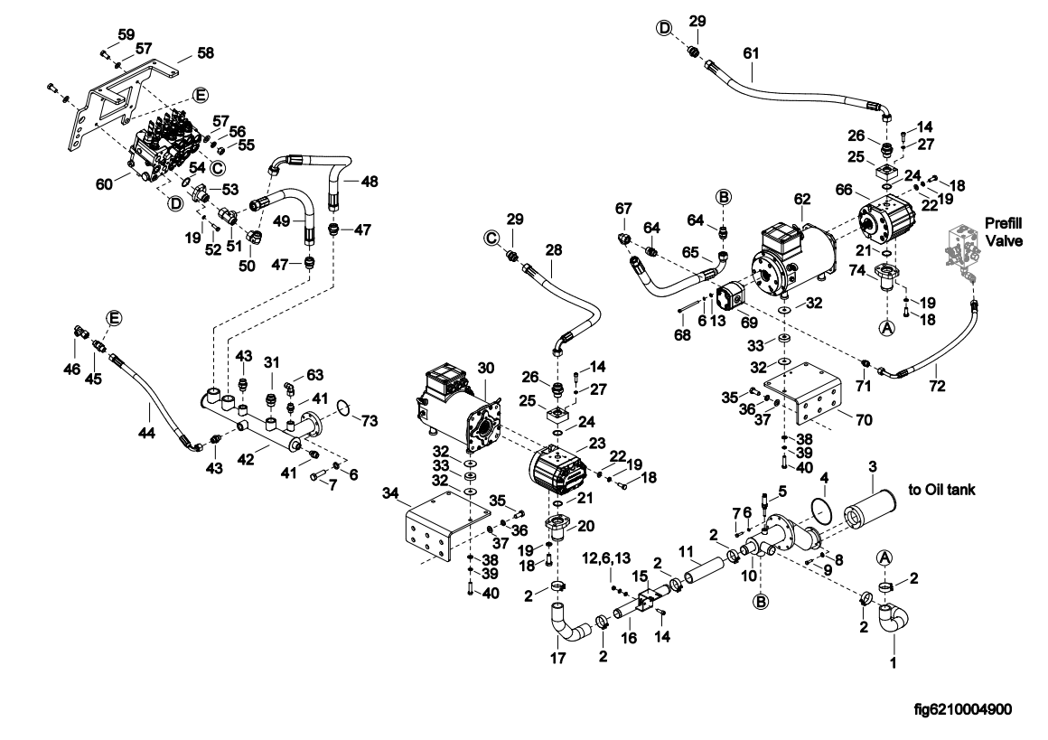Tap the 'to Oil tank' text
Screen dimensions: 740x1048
pyautogui.click(x=940, y=490)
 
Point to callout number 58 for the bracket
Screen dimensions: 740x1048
pyautogui.click(x=205, y=54)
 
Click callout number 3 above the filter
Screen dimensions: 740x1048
pyautogui.click(x=873, y=466)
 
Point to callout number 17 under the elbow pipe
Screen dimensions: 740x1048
pyautogui.click(x=557, y=659)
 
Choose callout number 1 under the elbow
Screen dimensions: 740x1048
pyautogui.click(x=894, y=663)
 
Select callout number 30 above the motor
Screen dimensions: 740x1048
pyautogui.click(x=486, y=369)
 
